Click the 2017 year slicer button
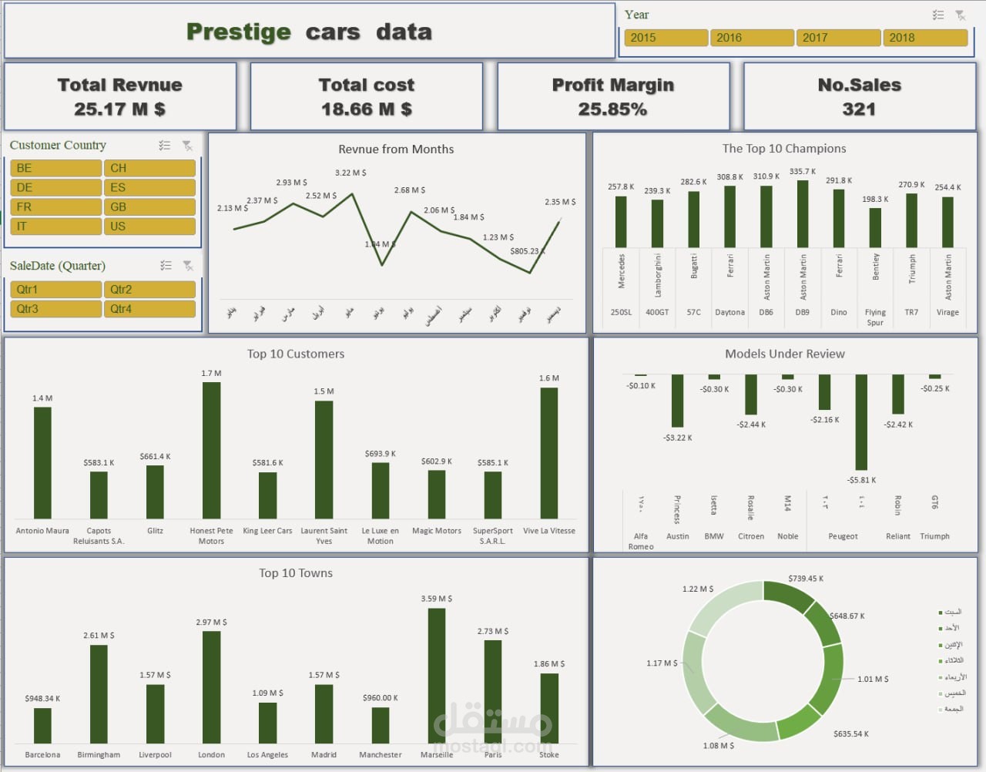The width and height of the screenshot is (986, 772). tap(838, 38)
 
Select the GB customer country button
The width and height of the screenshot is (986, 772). tap(149, 207)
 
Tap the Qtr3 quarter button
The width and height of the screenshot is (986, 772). tap(55, 309)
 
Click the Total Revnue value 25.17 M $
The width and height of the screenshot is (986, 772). tap(119, 109)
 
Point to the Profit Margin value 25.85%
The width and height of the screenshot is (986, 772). tap(612, 109)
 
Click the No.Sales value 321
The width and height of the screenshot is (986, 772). tap(859, 109)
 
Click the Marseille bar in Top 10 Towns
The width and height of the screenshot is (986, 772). tap(437, 676)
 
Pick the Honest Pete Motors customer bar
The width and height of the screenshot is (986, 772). tap(211, 450)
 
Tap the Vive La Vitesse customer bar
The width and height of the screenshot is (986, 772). tap(549, 452)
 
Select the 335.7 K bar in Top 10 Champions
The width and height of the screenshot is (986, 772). tap(803, 213)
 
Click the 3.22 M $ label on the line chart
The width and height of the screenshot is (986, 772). tap(350, 173)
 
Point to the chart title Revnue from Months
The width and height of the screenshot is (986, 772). tap(396, 149)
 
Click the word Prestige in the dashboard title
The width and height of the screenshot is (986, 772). tap(239, 32)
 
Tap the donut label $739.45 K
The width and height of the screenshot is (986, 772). tap(806, 579)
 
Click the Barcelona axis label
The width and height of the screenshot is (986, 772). tap(42, 755)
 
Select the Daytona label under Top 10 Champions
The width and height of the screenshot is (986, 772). tap(729, 313)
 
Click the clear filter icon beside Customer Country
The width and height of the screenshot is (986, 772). tap(187, 146)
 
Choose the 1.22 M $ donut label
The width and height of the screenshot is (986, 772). tap(698, 589)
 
